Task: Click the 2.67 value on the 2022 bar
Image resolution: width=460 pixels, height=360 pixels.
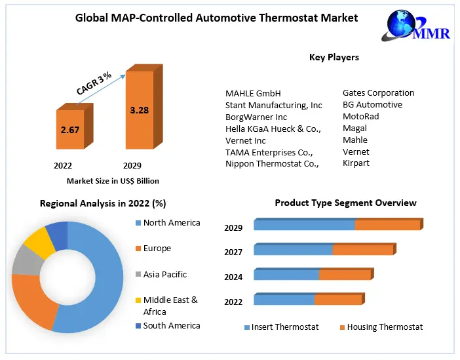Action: (70, 130)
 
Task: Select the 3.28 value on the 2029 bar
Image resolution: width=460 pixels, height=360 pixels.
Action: (140, 110)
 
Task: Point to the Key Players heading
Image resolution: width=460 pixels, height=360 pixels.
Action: (334, 58)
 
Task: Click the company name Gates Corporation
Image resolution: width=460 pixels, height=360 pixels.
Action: (378, 93)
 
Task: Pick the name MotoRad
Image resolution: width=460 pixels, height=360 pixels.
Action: (360, 117)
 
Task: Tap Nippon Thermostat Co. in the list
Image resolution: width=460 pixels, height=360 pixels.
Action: (272, 164)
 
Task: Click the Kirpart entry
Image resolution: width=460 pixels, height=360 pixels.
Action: (356, 163)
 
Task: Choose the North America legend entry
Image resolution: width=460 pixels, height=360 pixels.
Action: (171, 223)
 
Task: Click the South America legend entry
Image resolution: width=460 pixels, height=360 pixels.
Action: (172, 326)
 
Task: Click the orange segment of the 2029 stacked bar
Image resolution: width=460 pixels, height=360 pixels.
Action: (387, 225)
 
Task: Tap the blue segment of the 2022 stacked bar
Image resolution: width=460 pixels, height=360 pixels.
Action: (284, 300)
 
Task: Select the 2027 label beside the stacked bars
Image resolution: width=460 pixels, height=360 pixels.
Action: (233, 252)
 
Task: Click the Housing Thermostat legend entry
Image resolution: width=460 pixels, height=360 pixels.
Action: (384, 327)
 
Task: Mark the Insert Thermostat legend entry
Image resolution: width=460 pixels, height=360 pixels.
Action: (284, 327)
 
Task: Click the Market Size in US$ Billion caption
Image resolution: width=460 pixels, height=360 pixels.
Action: (113, 181)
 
